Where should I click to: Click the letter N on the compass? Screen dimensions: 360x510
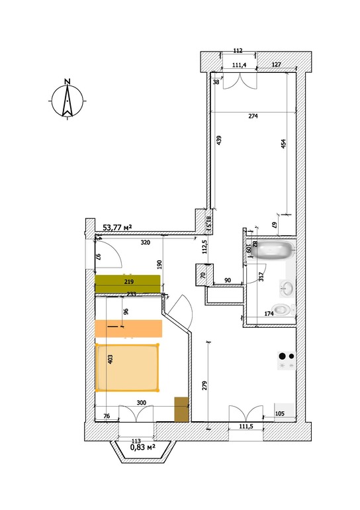click(x=67, y=81)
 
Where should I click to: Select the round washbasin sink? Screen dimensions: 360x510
click(x=287, y=288)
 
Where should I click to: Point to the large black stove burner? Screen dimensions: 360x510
click(x=283, y=356)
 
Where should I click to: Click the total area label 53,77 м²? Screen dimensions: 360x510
click(x=117, y=227)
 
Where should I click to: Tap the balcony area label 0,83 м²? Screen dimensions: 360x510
click(x=143, y=447)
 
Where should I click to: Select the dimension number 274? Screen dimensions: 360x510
click(x=253, y=116)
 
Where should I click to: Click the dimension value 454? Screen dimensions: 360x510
click(x=283, y=144)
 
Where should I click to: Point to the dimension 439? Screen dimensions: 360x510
click(x=218, y=140)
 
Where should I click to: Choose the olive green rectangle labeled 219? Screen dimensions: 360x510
click(x=127, y=283)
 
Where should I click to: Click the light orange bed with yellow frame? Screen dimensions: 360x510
click(x=127, y=367)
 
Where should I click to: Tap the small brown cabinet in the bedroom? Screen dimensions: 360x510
click(x=181, y=409)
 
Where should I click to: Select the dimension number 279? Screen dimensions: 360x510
click(x=204, y=386)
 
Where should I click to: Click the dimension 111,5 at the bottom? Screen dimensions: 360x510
click(x=246, y=427)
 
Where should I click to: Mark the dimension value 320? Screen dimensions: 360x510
click(x=145, y=242)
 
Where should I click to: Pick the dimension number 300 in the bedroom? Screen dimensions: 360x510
click(x=142, y=403)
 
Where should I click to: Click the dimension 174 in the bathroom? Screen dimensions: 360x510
click(x=269, y=314)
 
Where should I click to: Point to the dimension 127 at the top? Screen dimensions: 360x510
click(x=276, y=65)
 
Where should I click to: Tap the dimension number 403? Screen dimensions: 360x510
click(x=110, y=359)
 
